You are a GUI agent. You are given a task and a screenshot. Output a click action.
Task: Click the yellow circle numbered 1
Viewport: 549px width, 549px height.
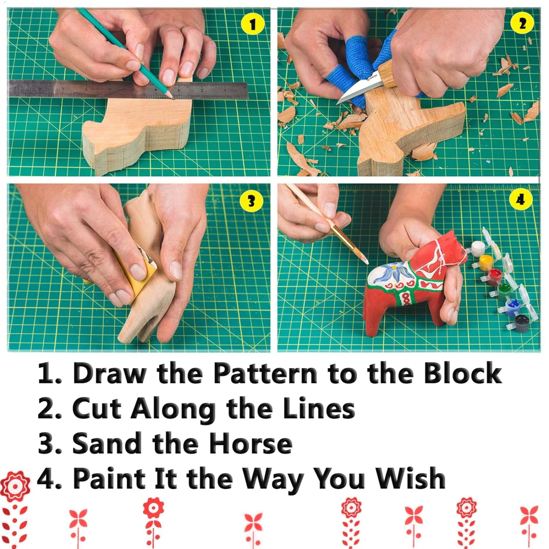253,25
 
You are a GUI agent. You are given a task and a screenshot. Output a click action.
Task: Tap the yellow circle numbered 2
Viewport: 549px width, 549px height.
522,24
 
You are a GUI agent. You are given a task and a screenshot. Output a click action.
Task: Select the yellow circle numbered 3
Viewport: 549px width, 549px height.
251,201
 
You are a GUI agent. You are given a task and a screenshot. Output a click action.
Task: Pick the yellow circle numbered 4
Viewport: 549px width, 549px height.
520,200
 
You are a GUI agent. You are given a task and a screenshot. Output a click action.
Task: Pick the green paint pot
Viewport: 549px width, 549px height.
504,291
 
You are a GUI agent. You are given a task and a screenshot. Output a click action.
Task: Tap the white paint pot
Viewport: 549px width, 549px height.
478,248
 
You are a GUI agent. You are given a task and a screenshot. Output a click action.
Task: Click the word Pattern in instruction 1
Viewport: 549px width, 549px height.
265,374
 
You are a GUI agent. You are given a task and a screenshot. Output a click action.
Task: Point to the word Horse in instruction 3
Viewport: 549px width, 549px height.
251,444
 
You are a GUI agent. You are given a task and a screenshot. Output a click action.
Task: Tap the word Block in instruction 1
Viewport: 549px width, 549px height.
463,374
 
